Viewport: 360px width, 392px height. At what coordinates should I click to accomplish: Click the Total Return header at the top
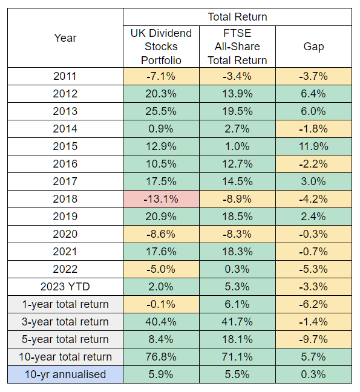coord(237,16)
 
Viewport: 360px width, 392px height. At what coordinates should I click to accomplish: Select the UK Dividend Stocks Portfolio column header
coord(161,46)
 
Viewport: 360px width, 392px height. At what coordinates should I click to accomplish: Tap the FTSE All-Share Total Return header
coord(237,46)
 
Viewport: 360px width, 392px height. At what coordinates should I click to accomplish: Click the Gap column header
coord(313,46)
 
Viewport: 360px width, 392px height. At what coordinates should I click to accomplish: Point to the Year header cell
coord(65,38)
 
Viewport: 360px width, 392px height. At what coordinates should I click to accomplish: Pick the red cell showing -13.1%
coord(161,199)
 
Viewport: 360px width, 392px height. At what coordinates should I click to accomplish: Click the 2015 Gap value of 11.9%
coord(313,146)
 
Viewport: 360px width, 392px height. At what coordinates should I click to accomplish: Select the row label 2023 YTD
coord(65,287)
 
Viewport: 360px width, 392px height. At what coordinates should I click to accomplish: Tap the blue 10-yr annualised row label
coord(65,374)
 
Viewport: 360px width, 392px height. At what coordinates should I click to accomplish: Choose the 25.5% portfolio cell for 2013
coord(161,111)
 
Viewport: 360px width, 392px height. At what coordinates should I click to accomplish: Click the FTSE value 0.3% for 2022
coord(237,269)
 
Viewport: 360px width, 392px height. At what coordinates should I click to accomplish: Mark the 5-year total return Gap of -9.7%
coord(313,339)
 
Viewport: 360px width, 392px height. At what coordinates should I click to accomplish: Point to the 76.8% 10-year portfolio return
coord(161,357)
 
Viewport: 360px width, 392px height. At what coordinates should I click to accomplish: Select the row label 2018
coord(65,199)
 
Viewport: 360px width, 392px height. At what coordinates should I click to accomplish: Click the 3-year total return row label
coord(65,322)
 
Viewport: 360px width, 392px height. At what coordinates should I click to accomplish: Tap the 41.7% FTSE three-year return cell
coord(237,322)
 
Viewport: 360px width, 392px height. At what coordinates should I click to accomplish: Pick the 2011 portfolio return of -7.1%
coord(161,76)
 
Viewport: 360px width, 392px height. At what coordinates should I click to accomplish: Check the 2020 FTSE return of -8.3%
coord(237,234)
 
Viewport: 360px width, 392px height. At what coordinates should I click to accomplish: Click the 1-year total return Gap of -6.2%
coord(313,304)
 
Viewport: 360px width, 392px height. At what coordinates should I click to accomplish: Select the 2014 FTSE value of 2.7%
coord(237,129)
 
